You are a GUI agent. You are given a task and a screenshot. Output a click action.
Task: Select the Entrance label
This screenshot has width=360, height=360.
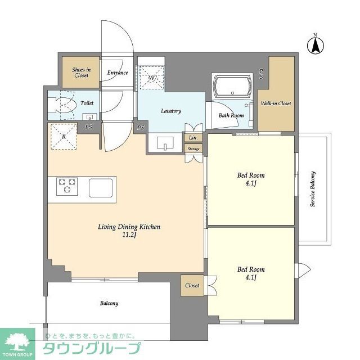[x=118, y=73]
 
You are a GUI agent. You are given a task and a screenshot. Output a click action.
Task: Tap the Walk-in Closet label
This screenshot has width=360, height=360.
[x=276, y=103]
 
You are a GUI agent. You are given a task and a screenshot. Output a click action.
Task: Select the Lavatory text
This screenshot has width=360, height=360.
[x=170, y=111]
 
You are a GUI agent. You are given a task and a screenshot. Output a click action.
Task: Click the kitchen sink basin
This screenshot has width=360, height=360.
[x=101, y=186]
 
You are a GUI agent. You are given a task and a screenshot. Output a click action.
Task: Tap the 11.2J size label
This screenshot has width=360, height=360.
[x=129, y=235]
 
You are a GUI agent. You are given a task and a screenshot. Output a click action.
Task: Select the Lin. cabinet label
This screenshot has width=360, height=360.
[x=193, y=138]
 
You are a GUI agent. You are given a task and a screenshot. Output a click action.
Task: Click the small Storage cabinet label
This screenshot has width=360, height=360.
[x=193, y=149]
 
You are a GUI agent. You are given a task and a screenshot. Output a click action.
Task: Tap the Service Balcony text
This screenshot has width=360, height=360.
[x=313, y=189]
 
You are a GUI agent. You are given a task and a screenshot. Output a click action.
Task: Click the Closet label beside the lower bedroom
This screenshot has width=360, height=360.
[x=192, y=285]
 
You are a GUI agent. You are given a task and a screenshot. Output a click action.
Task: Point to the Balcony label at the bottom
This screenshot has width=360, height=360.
[x=109, y=303]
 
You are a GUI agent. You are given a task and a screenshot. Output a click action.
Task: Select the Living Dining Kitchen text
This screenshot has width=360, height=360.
[x=129, y=227]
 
